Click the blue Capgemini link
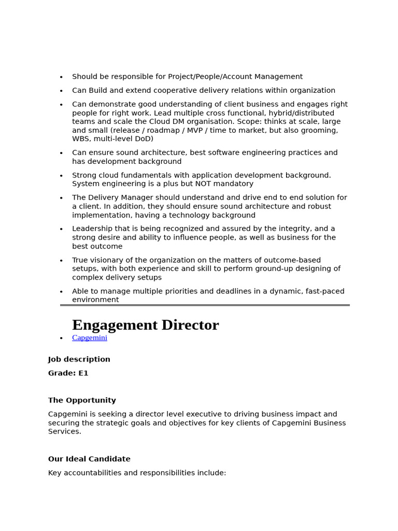90,338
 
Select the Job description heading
79,359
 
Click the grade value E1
83,373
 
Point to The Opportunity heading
82,400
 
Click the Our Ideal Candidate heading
89,459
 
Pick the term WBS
81,139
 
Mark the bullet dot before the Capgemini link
61,338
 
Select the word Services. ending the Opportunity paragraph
65,431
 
